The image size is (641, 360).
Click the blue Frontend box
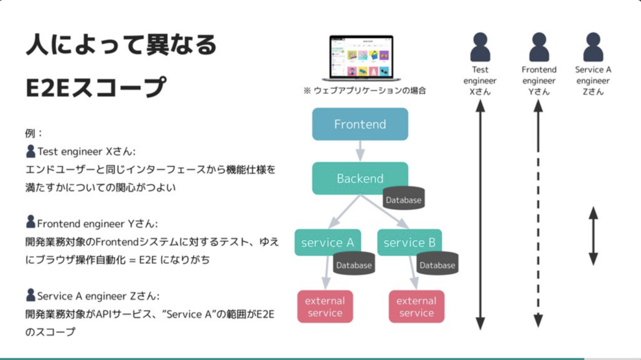360,124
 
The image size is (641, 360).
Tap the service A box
327,242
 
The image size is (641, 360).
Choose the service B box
409,242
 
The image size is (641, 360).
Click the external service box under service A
325,306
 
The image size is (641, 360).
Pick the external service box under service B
416,306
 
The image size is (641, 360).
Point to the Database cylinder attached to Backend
404,199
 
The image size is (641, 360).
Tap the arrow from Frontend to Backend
360,151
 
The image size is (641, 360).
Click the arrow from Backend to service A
344,212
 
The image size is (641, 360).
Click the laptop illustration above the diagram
361,58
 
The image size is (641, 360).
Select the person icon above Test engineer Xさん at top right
480,47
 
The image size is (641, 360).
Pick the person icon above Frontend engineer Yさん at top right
539,47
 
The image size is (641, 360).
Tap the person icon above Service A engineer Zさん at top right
593,47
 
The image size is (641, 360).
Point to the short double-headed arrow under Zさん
593,236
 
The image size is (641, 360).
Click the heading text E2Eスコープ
96,87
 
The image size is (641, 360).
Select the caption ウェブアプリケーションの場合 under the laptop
365,90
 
